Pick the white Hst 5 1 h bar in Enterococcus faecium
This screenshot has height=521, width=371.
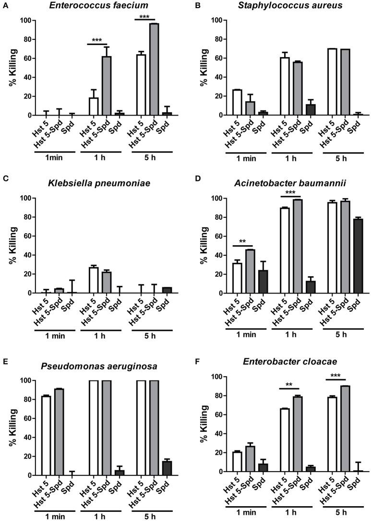pos(94,107)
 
